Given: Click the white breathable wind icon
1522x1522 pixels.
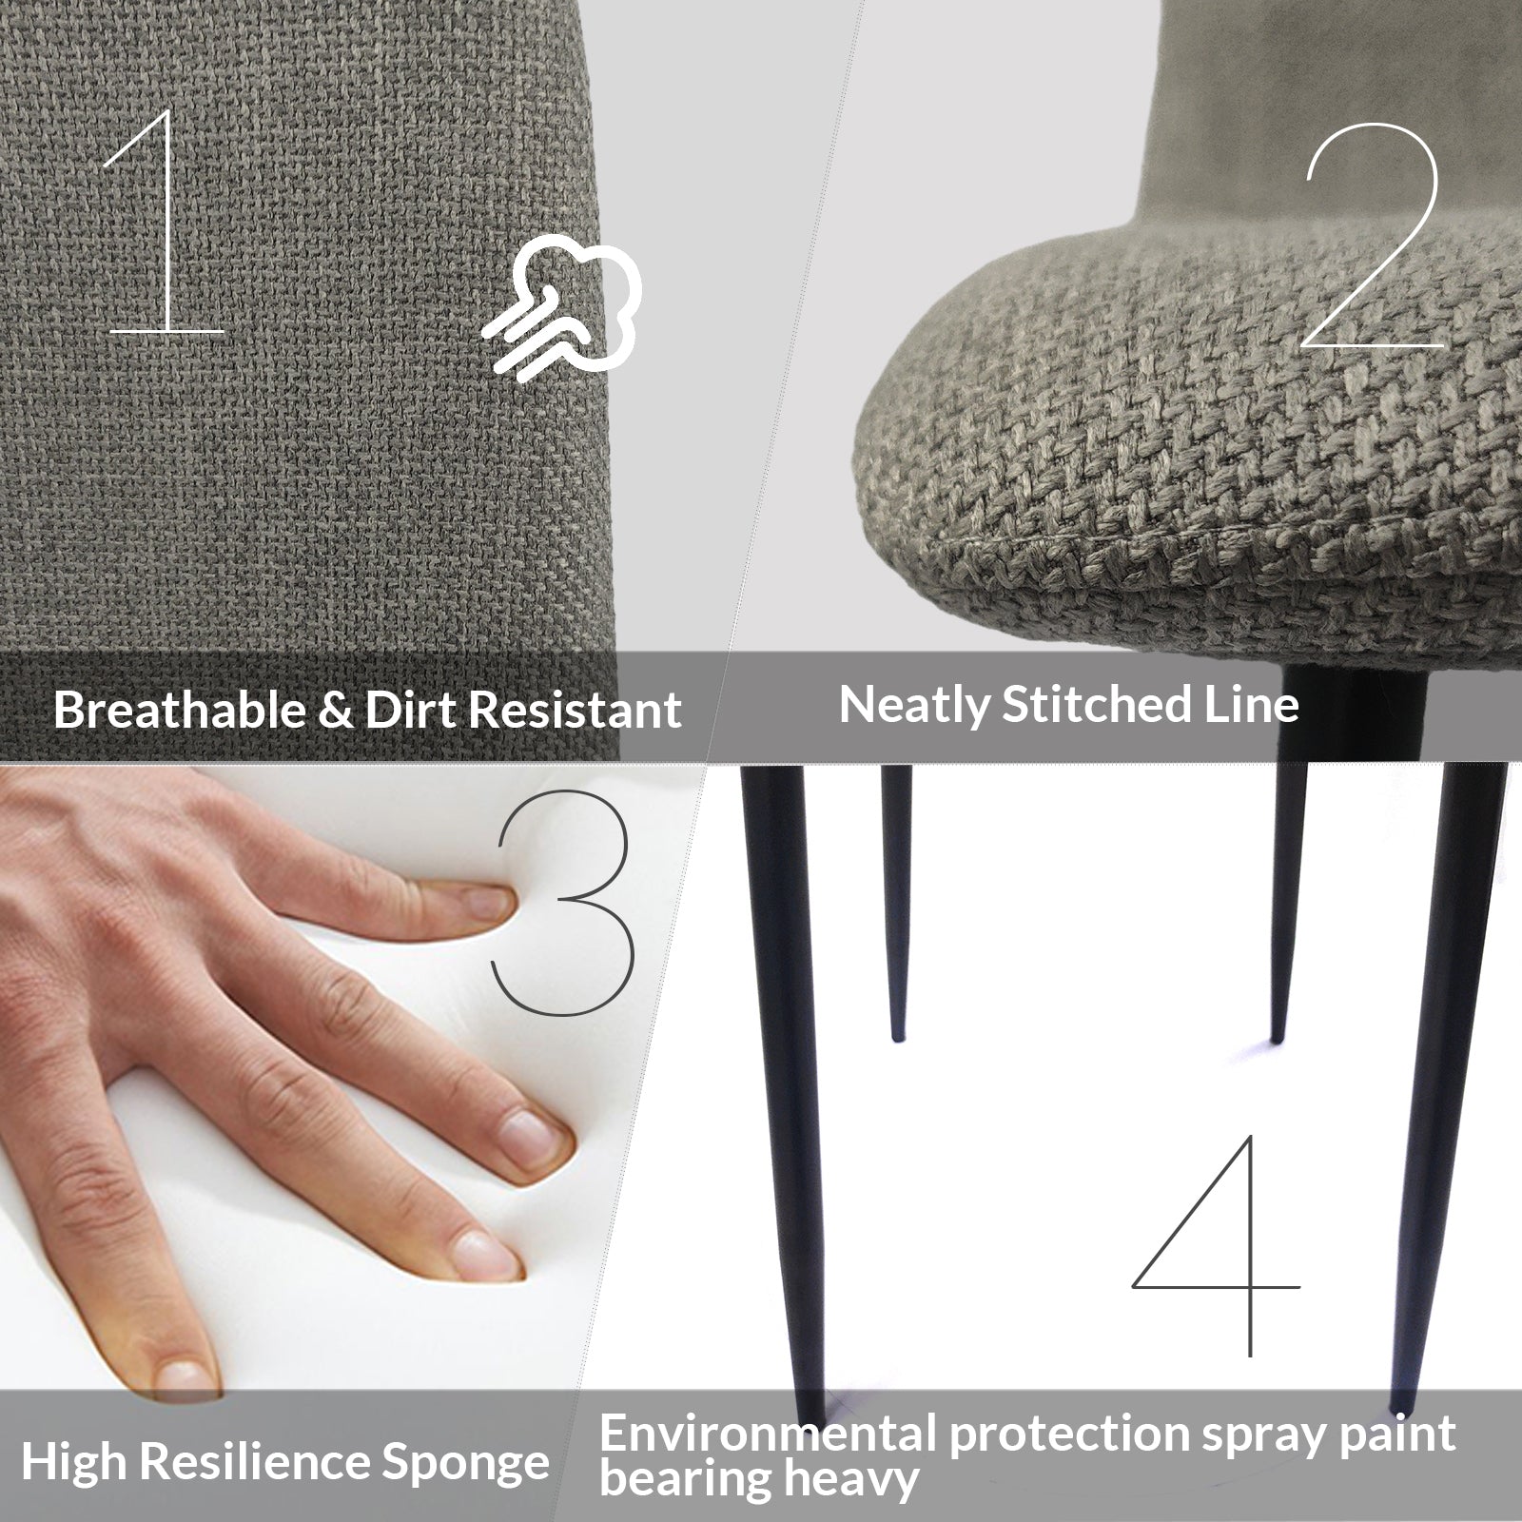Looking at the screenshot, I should tap(561, 309).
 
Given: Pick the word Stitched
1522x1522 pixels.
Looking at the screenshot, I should tap(1093, 704).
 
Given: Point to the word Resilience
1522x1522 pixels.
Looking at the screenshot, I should tap(246, 1462).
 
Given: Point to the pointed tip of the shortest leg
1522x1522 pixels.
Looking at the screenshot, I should tap(896, 1039).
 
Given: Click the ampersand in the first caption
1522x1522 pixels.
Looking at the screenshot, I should tap(335, 711).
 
